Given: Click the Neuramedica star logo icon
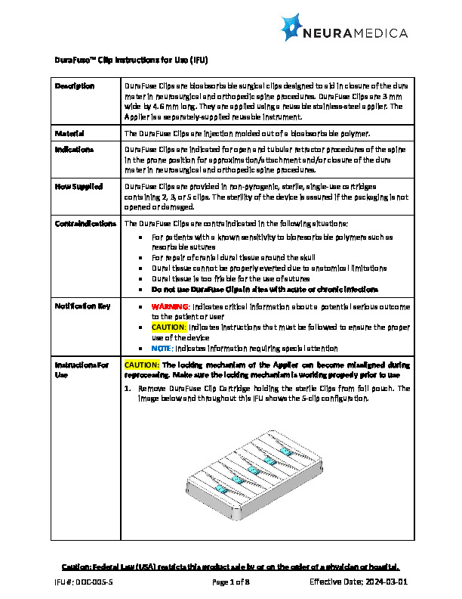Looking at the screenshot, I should coord(294,28).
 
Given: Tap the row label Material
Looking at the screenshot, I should coord(69,133).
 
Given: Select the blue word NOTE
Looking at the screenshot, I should coord(162,348).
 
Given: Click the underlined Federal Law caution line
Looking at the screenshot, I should coord(230,566).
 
